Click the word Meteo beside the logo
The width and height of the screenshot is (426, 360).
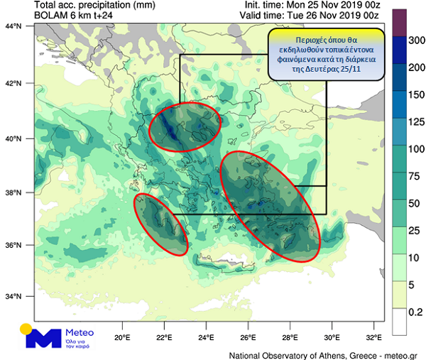(79, 331)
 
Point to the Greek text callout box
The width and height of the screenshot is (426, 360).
(327, 54)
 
